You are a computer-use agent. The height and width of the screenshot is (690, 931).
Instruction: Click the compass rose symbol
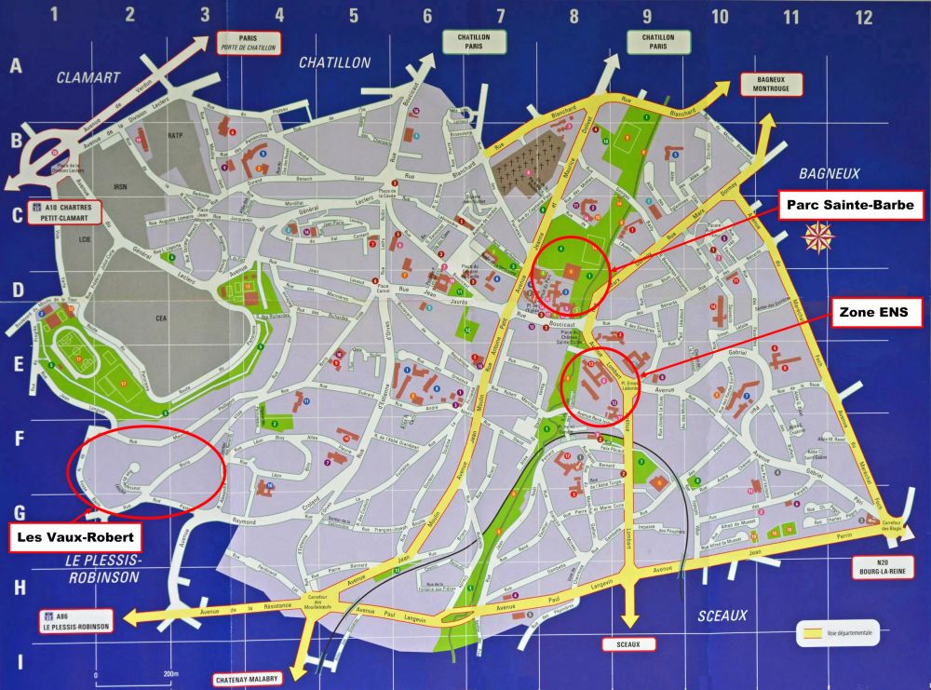pyautogui.click(x=817, y=237)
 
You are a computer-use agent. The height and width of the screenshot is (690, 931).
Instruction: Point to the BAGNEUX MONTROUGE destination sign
pyautogui.click(x=772, y=84)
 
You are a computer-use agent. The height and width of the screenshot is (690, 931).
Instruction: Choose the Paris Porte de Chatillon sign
pyautogui.click(x=247, y=43)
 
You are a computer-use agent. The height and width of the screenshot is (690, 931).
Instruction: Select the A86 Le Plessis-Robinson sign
pyautogui.click(x=75, y=621)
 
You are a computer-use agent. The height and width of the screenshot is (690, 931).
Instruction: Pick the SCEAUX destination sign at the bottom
pyautogui.click(x=628, y=643)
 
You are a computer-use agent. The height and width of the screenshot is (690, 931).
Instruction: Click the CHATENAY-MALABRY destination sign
pyautogui.click(x=248, y=679)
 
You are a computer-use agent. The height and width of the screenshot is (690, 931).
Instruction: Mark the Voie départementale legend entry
pyautogui.click(x=833, y=632)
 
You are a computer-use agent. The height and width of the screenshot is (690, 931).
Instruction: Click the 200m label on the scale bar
pyautogui.click(x=169, y=673)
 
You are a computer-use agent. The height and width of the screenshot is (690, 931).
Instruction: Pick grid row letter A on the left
pyautogui.click(x=16, y=66)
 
